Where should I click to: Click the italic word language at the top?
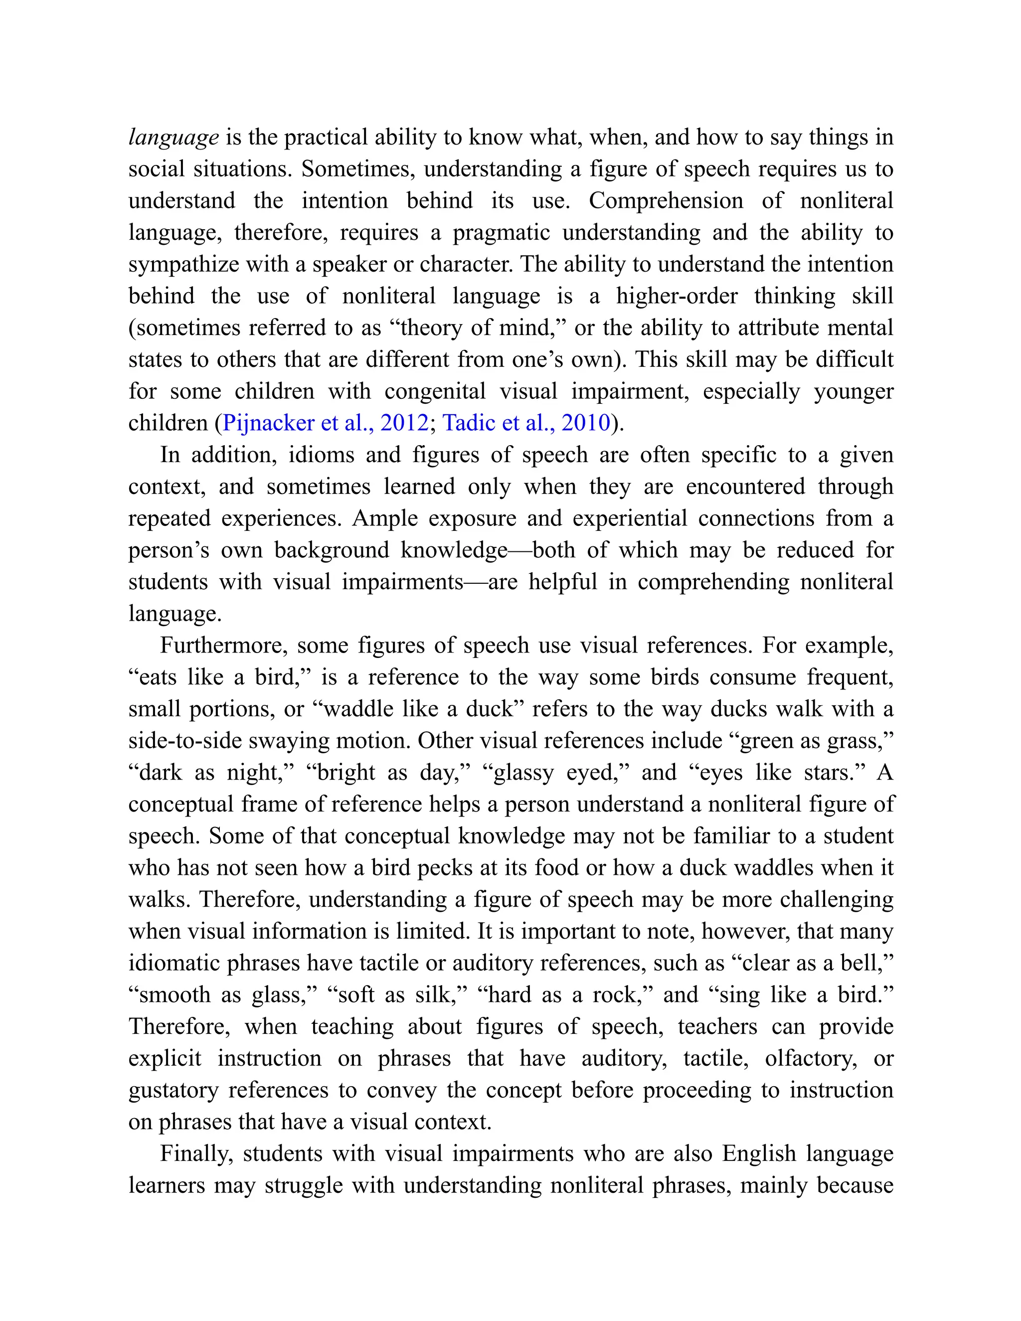(173, 138)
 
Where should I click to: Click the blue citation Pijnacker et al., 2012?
(326, 423)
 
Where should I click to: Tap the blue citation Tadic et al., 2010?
(526, 423)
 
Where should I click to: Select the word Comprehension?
(666, 201)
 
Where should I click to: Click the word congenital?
(435, 391)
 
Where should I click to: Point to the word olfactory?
(810, 1058)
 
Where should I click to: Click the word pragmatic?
(502, 232)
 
